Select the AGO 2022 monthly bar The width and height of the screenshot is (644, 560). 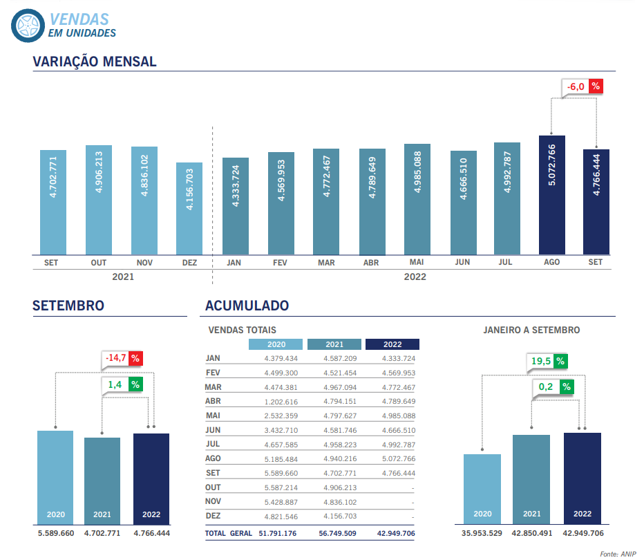point(552,194)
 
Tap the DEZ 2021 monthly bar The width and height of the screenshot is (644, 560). point(189,208)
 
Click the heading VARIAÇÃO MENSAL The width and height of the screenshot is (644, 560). point(95,62)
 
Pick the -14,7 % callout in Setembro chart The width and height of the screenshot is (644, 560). point(122,358)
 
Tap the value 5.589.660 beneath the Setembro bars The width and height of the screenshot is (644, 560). point(55,533)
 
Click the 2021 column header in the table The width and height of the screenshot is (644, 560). point(334,344)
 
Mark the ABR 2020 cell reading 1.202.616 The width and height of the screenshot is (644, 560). point(281,401)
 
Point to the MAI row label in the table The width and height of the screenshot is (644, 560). point(214,416)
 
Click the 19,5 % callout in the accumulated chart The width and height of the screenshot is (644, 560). point(548,361)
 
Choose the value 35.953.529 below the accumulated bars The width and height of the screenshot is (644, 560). point(482,533)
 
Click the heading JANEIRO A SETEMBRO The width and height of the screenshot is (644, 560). point(531,330)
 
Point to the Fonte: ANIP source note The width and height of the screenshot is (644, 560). point(617,554)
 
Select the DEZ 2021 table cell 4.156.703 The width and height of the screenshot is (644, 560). point(340,516)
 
